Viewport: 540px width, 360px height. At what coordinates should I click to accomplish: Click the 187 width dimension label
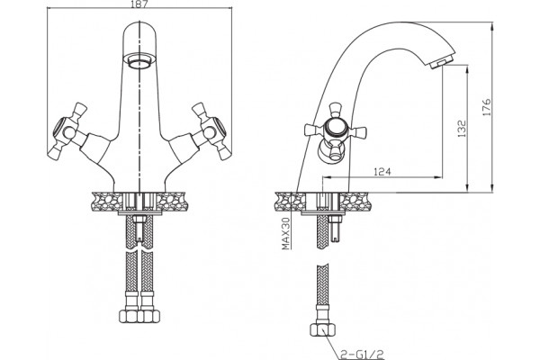(x=139, y=4)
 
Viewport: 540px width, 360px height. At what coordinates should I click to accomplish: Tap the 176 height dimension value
(x=486, y=107)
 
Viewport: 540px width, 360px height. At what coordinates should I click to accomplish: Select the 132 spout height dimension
(x=462, y=129)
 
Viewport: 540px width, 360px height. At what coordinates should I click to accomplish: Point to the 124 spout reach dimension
(x=382, y=171)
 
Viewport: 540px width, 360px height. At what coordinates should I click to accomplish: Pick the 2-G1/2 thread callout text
(x=362, y=354)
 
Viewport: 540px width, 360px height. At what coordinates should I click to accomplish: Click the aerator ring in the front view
(x=139, y=60)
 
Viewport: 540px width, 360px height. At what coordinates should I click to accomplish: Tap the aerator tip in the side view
(x=437, y=65)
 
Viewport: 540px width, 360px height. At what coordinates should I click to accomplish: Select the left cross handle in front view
(x=67, y=130)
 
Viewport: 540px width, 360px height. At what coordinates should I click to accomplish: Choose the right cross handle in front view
(x=211, y=130)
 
